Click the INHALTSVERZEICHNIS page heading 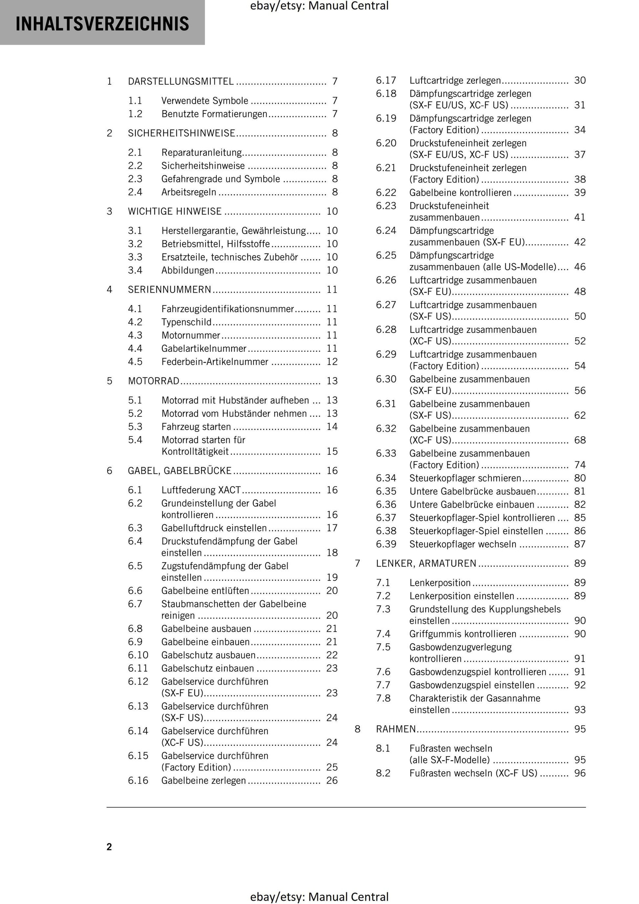click(102, 24)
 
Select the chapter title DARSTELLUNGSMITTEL click(181, 81)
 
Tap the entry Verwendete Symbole click(205, 101)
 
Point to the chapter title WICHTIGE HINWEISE click(174, 211)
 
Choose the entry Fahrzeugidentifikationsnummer click(227, 309)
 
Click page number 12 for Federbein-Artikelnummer click(332, 362)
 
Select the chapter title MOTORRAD click(154, 381)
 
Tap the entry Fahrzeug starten click(196, 427)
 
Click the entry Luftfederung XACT click(201, 490)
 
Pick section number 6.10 click(138, 655)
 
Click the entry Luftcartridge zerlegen click(455, 81)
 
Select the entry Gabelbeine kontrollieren click(460, 193)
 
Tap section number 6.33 click(386, 454)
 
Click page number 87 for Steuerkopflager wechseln click(580, 545)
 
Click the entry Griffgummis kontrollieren click(463, 634)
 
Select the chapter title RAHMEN click(396, 729)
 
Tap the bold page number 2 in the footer click(109, 847)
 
